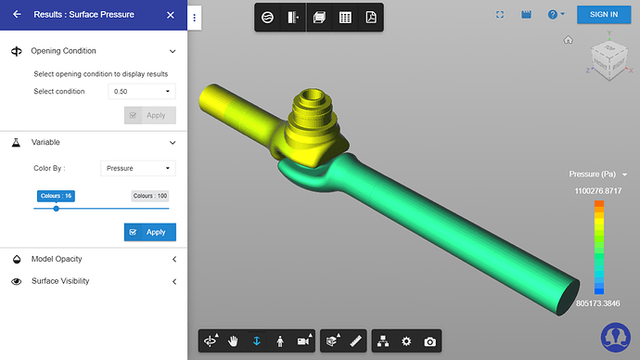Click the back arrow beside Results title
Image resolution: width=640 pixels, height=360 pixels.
17,15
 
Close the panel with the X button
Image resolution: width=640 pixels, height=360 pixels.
170,15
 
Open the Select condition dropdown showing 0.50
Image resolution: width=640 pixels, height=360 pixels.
141,91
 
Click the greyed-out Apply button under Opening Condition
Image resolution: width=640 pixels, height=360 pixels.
149,115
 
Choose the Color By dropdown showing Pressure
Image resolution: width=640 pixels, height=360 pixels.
137,168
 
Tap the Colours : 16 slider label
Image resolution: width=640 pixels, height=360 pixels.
56,196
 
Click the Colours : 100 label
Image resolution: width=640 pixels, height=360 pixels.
149,196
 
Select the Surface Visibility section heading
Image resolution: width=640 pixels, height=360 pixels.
60,281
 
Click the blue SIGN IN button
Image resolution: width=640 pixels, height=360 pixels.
603,14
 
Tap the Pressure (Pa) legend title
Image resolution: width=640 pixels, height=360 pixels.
594,174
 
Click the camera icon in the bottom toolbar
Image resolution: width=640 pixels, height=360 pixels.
429,341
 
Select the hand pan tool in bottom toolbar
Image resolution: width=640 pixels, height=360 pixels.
234,341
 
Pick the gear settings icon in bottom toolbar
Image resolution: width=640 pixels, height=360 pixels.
405,341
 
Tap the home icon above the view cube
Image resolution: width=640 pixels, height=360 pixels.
568,40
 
